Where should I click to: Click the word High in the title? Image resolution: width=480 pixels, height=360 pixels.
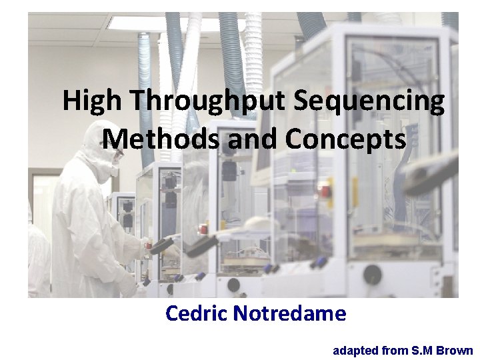(93, 101)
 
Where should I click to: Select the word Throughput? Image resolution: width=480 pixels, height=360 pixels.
(208, 101)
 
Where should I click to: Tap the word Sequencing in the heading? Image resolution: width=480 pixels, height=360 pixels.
(369, 101)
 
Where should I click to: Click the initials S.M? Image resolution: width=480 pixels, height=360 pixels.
(423, 351)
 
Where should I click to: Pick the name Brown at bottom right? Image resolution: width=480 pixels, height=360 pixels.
(456, 351)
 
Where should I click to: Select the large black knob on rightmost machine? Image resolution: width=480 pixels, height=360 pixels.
(373, 274)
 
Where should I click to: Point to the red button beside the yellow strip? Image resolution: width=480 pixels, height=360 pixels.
(325, 191)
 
